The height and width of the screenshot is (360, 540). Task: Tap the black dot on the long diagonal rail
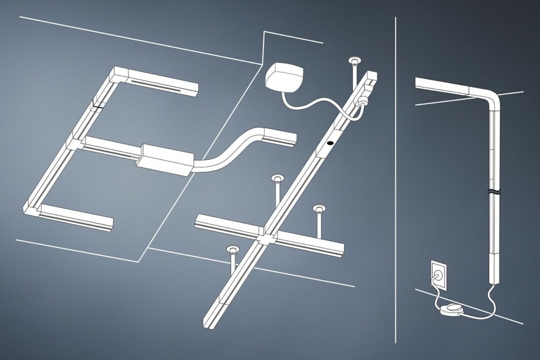(x=329, y=144)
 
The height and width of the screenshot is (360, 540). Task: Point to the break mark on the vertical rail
(x=493, y=193)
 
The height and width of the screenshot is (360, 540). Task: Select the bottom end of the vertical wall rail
(x=493, y=281)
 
